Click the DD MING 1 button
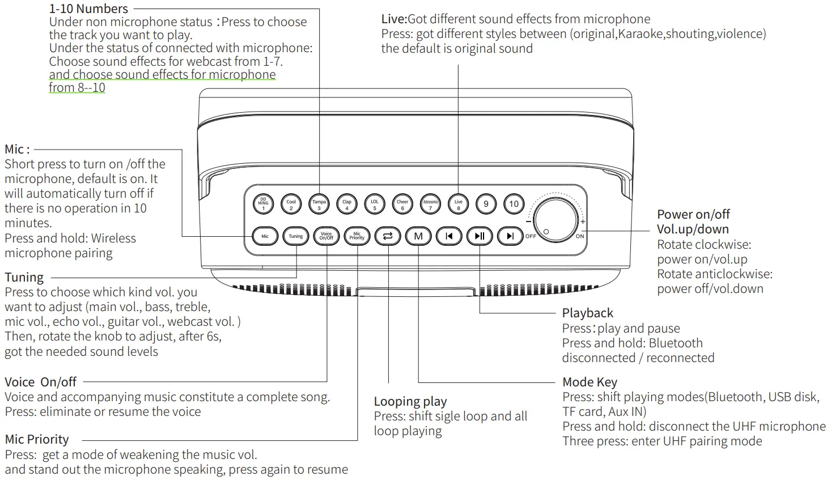(x=263, y=204)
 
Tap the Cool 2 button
(x=291, y=204)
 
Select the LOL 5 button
(x=374, y=204)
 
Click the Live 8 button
(x=458, y=204)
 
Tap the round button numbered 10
(x=514, y=204)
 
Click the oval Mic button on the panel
(x=265, y=236)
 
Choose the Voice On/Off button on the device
(x=327, y=236)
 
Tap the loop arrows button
(x=388, y=236)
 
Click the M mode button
(x=418, y=236)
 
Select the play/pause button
(x=480, y=236)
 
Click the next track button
(x=510, y=236)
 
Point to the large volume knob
(x=556, y=220)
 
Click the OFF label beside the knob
(x=531, y=236)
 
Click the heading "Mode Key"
(x=590, y=382)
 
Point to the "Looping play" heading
(x=410, y=402)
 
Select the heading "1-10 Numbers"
(x=88, y=8)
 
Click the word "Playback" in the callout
(x=587, y=313)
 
